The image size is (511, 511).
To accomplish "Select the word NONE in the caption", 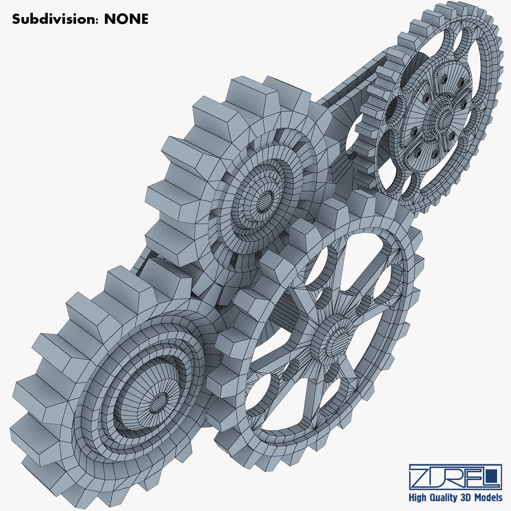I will click(x=126, y=19).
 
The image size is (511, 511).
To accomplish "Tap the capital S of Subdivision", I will click(x=16, y=19).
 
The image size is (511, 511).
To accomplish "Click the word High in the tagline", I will click(x=417, y=498).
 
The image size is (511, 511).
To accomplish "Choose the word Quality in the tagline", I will click(x=444, y=498).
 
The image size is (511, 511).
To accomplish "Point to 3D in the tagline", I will click(x=466, y=497).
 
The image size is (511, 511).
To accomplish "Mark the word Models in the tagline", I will click(x=489, y=498).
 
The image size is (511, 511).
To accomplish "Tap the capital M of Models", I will click(x=478, y=498).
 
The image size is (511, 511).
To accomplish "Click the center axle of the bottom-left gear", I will click(x=158, y=404).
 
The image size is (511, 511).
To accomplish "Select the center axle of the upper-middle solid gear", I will click(x=264, y=202).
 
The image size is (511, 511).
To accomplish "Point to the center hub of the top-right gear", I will click(x=443, y=118).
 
